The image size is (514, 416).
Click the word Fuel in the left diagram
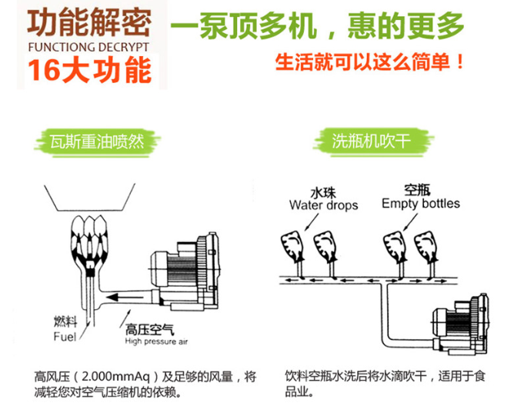(x=65, y=337)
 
